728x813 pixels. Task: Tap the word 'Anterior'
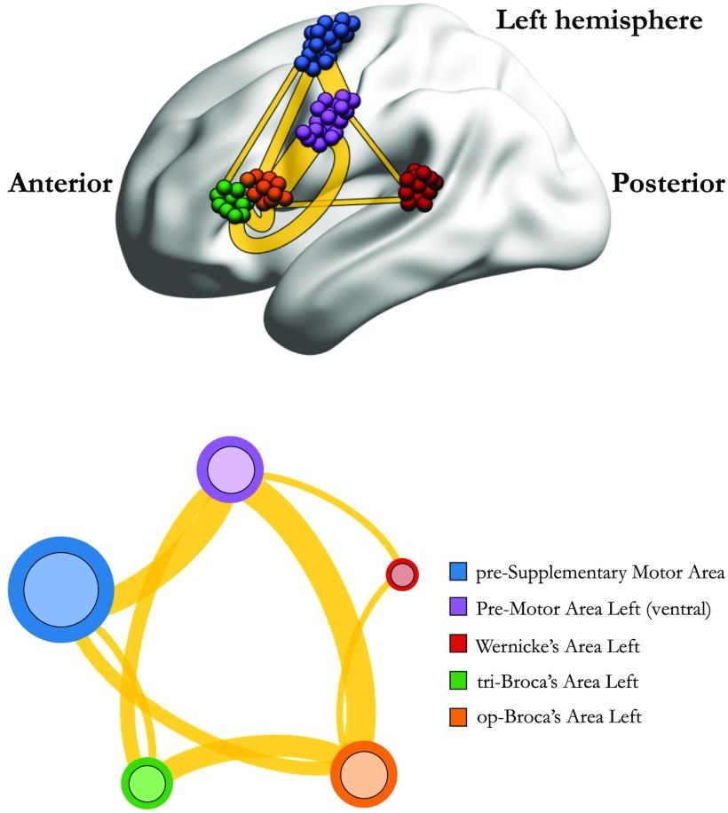point(60,184)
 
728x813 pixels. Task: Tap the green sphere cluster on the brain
point(231,199)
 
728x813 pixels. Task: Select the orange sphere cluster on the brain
point(266,188)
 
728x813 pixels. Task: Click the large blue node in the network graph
point(61,589)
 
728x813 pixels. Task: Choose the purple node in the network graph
point(231,470)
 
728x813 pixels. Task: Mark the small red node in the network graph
point(402,573)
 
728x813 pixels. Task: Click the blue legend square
point(458,573)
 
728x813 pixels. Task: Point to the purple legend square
point(458,609)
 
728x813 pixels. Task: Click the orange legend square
point(458,716)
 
